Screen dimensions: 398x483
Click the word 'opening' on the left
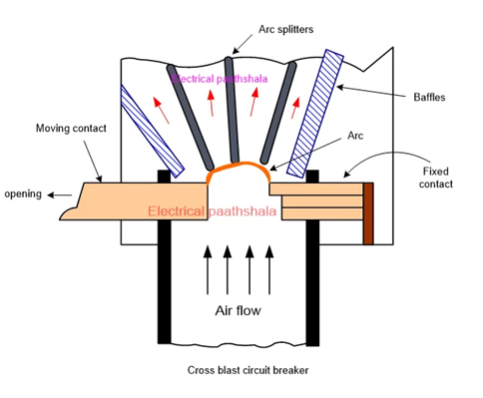click(23, 194)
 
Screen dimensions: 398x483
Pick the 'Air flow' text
click(239, 310)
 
